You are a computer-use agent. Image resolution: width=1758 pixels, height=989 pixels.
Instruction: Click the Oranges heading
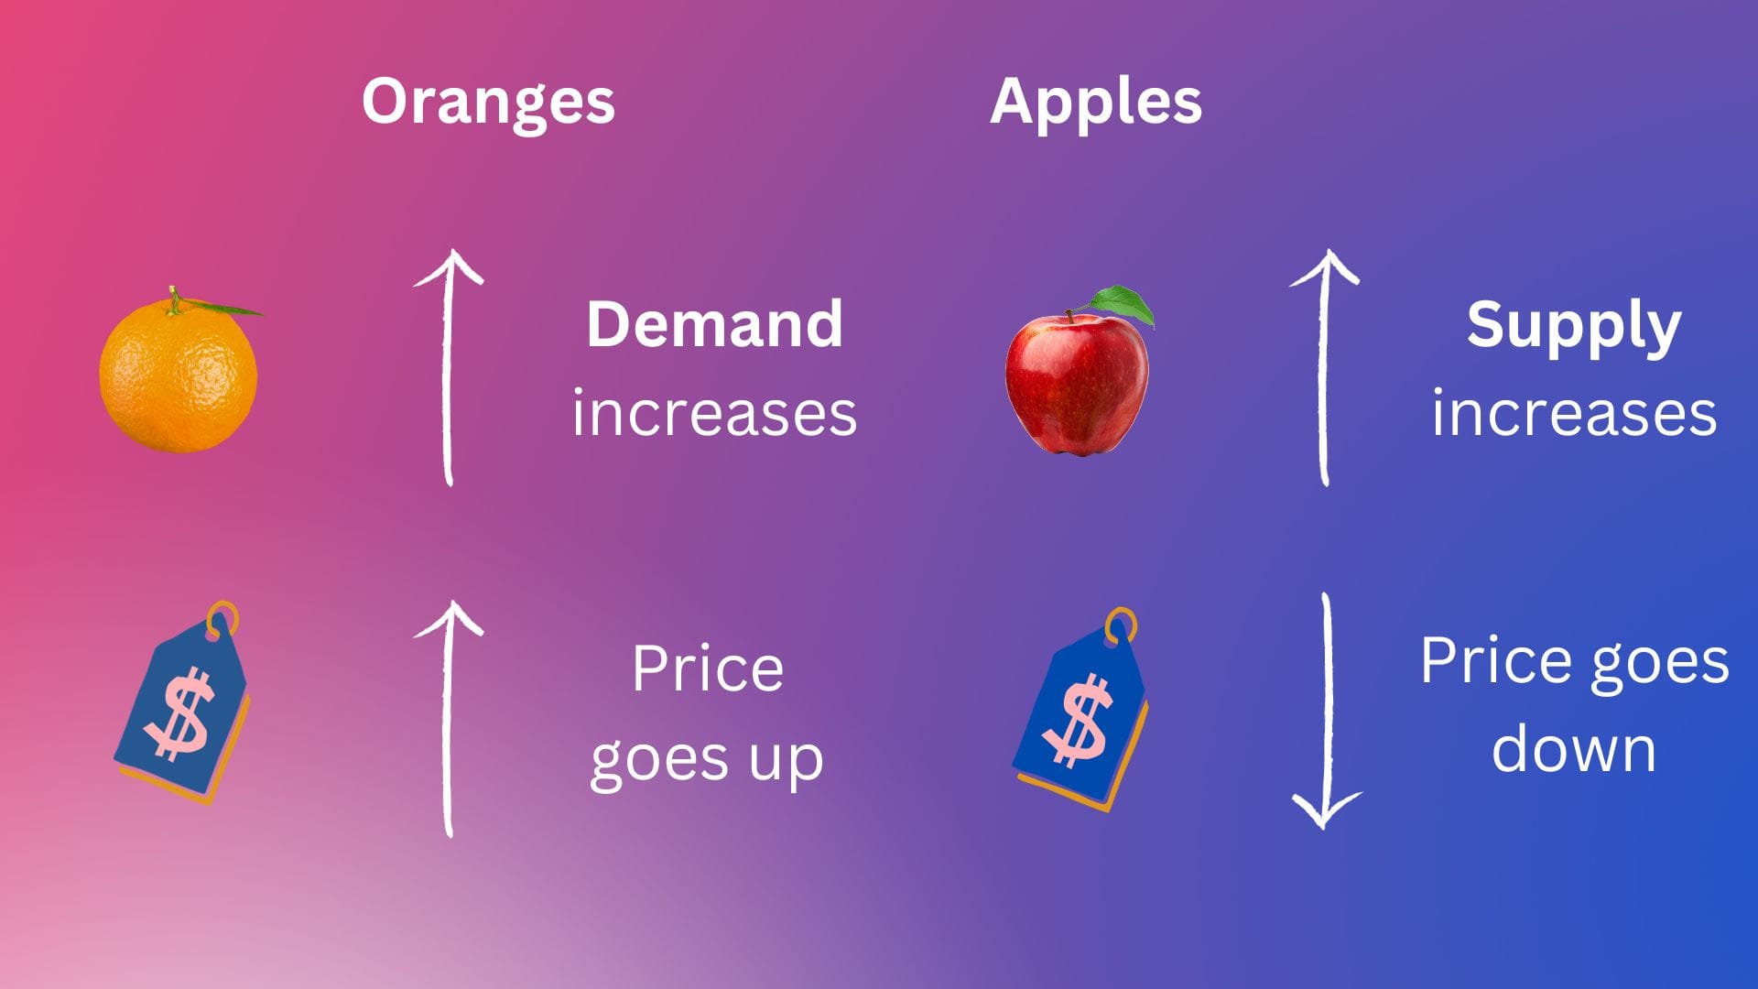tap(488, 103)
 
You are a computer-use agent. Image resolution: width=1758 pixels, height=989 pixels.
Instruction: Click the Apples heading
tap(1096, 103)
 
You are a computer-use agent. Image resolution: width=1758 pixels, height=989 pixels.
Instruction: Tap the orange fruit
tap(179, 374)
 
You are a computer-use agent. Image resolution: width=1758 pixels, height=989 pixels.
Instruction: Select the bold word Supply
tap(1574, 327)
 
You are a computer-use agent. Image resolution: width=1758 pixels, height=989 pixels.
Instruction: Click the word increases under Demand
tap(714, 414)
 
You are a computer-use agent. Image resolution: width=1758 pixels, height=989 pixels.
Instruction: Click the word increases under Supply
tap(1574, 414)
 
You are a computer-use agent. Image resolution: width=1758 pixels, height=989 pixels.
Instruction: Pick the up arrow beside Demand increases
tap(448, 366)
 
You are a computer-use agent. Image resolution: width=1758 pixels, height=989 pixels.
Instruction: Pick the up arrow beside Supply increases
tap(1324, 366)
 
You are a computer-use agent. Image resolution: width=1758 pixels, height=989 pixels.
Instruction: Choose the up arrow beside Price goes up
tap(448, 719)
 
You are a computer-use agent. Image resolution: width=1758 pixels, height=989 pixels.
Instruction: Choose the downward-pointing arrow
tap(1327, 711)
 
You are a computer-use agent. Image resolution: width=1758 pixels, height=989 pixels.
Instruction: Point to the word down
tap(1574, 748)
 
